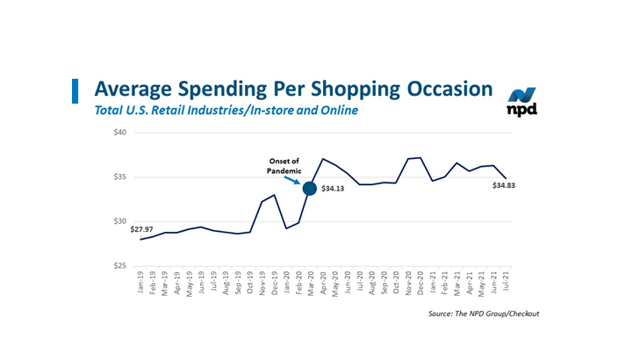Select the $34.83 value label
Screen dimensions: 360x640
click(x=506, y=186)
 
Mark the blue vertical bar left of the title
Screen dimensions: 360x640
click(x=76, y=90)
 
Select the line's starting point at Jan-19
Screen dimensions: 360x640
click(x=140, y=239)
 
